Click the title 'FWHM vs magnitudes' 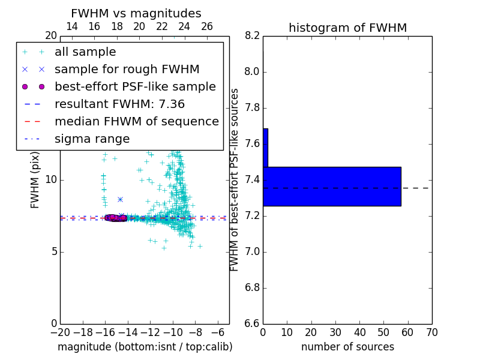(x=136, y=14)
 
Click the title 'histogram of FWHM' (x=347, y=28)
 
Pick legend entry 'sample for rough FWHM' (x=127, y=70)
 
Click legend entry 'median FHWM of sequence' (x=136, y=122)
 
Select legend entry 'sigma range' (x=92, y=139)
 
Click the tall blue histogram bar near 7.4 (x=332, y=187)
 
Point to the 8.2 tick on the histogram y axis (x=252, y=35)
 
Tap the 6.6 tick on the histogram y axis (x=252, y=323)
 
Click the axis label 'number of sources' (x=347, y=347)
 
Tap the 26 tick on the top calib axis (x=207, y=26)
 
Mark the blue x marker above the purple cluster (x=120, y=199)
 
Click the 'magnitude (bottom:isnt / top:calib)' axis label (x=145, y=347)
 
